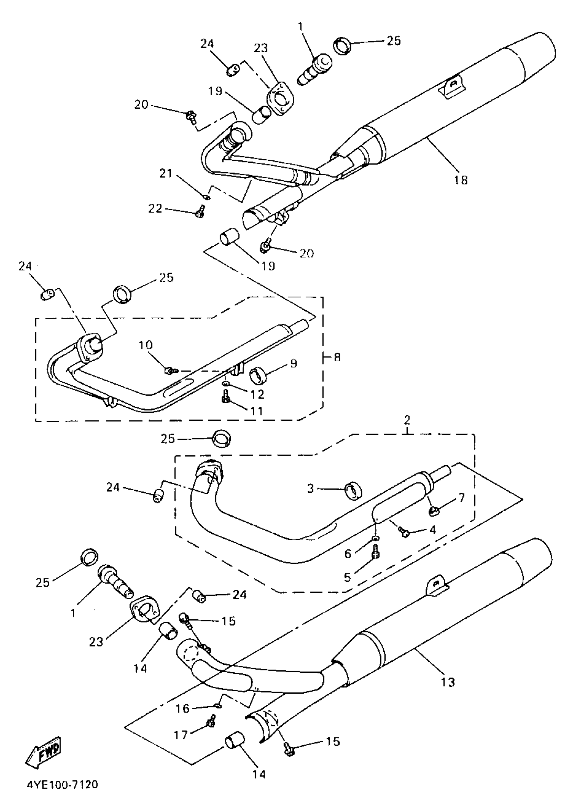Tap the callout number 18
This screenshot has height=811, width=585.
click(460, 180)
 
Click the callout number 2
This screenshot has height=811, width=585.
click(407, 420)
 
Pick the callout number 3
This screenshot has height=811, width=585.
click(310, 489)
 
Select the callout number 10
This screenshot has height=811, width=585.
click(146, 345)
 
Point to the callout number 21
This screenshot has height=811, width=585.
click(166, 174)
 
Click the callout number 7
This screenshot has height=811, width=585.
click(461, 497)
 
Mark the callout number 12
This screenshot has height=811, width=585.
click(257, 394)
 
